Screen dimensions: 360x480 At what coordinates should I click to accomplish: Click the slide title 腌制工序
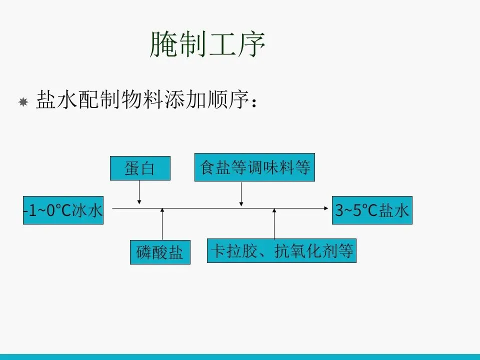click(207, 44)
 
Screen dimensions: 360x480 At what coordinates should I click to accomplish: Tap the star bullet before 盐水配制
click(22, 102)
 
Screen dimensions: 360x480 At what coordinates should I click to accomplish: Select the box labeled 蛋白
click(140, 168)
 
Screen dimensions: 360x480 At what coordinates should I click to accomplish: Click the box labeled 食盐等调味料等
click(254, 167)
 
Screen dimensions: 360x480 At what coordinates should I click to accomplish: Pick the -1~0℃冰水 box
click(63, 210)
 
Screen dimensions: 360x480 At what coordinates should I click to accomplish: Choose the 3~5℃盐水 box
click(372, 210)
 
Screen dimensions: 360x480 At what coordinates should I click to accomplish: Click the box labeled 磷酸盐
click(160, 252)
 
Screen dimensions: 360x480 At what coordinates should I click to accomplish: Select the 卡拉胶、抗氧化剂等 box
click(281, 251)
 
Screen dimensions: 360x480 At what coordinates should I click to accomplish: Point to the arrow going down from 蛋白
click(139, 192)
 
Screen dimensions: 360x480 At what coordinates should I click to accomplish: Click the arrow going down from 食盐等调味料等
click(241, 194)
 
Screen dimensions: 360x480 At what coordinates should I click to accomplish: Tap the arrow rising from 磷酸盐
click(162, 225)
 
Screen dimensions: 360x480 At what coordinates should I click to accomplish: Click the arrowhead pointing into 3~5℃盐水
click(327, 207)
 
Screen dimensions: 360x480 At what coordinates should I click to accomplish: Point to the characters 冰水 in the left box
click(88, 210)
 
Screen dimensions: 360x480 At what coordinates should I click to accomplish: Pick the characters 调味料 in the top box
click(269, 167)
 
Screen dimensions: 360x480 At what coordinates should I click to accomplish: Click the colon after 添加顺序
click(255, 102)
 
